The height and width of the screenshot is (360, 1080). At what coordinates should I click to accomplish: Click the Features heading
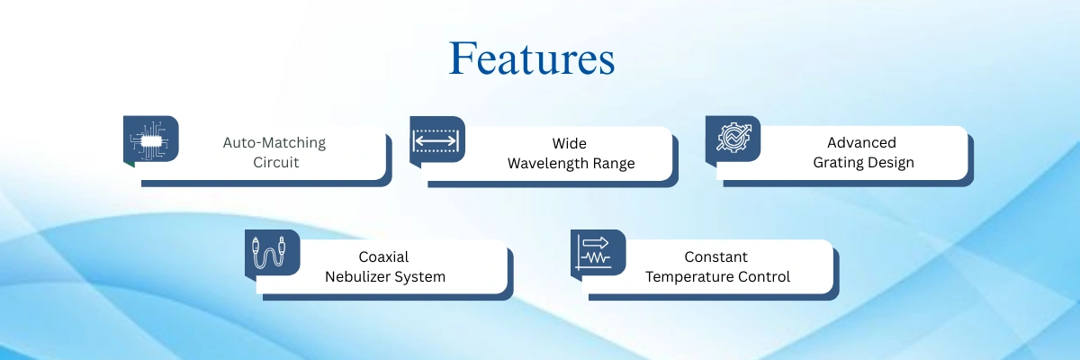coord(532,58)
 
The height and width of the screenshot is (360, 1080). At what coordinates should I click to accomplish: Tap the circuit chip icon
coord(149,140)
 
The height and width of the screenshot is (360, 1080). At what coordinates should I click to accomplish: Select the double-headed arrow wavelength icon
coord(436,140)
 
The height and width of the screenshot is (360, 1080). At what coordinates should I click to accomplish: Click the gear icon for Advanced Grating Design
coord(733,137)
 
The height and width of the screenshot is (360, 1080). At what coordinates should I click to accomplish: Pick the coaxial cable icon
coord(269,252)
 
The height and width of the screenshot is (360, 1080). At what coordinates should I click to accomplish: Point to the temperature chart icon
coord(595,253)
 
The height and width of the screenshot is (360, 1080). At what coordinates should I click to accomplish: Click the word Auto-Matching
coord(274,143)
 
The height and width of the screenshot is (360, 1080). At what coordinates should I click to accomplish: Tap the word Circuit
coord(275,162)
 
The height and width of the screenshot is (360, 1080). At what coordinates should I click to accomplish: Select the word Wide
coord(570,144)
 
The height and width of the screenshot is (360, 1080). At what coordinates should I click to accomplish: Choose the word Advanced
coord(861,143)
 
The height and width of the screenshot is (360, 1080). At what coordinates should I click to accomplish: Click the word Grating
coord(835,163)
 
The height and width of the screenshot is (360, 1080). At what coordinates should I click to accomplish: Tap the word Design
coord(888,163)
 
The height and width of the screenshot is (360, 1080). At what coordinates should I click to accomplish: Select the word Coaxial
coord(383,256)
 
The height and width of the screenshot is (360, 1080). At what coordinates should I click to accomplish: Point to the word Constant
coord(716,256)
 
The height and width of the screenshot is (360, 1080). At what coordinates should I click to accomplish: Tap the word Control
coord(760,277)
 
